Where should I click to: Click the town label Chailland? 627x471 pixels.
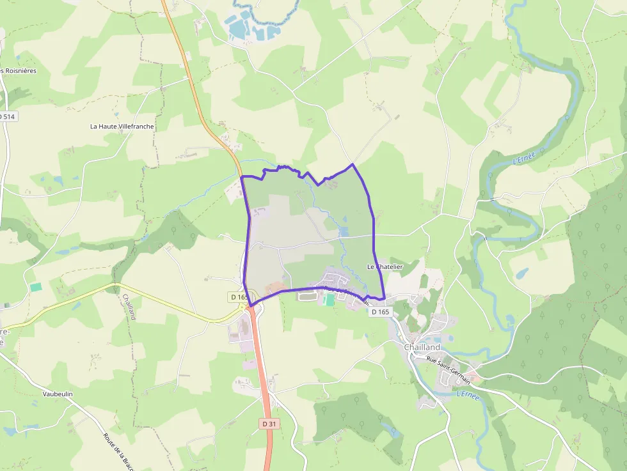422,347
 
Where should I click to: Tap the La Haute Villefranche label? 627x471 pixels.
122,127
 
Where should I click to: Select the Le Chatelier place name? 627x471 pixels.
385,266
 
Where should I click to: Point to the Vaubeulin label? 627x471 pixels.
58,394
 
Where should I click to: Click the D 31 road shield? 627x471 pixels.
269,424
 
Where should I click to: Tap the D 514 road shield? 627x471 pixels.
7,116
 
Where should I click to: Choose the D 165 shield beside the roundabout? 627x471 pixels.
238,297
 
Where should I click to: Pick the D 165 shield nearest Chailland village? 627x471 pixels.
379,312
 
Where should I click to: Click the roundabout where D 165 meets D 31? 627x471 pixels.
250,307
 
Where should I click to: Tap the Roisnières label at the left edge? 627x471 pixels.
19,70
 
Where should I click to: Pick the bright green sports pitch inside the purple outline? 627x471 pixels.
329,299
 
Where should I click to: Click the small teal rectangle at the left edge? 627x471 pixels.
36,287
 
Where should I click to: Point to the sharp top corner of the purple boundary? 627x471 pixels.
353,164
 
